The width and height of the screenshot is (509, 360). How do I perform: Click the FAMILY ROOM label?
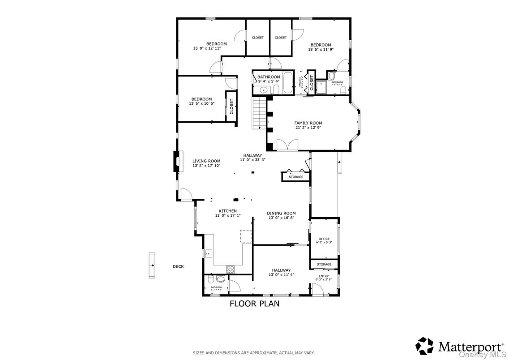tap(308, 123)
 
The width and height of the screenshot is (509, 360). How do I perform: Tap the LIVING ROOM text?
tap(206, 161)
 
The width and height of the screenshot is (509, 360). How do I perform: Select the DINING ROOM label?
tap(281, 213)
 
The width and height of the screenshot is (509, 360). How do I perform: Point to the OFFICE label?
tap(324, 239)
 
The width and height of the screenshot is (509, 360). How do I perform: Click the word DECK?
tap(178, 266)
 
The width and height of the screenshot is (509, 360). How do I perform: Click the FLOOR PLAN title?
tap(254, 304)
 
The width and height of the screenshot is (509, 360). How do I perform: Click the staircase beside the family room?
tap(259, 114)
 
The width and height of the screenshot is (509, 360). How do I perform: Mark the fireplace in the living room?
tap(177, 161)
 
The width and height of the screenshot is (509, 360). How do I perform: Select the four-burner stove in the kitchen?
tap(231, 269)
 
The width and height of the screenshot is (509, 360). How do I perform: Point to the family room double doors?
tap(287, 145)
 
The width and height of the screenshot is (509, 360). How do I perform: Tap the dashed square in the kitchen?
tap(246, 236)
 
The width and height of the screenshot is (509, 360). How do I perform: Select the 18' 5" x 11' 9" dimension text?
tap(321, 50)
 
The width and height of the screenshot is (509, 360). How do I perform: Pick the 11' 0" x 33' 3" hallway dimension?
tap(252, 159)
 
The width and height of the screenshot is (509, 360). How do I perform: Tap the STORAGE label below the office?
tap(324, 264)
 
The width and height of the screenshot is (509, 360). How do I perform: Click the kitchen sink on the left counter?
tap(207, 254)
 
